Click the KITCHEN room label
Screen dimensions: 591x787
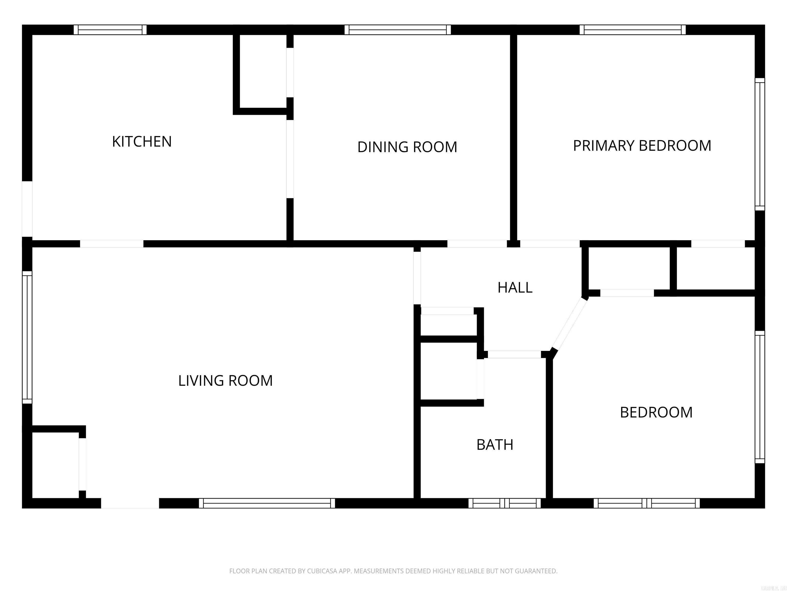(x=142, y=141)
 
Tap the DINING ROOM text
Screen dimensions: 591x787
(x=407, y=147)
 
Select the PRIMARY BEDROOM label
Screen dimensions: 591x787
(x=642, y=145)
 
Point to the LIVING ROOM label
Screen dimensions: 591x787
(x=225, y=380)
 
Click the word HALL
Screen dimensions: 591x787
(x=515, y=288)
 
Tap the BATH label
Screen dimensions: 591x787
(x=494, y=445)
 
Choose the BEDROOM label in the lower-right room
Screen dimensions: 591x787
(x=656, y=412)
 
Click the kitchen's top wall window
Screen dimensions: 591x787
(x=110, y=29)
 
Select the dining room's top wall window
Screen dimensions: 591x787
(x=397, y=29)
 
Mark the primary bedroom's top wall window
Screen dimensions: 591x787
(x=632, y=29)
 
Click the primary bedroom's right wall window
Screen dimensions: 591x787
(x=760, y=144)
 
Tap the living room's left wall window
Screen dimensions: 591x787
(x=27, y=337)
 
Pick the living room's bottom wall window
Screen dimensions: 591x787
(x=266, y=503)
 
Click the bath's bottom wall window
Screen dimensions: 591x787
(x=504, y=503)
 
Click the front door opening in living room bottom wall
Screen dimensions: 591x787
(x=130, y=503)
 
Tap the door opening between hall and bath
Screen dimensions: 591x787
(x=514, y=354)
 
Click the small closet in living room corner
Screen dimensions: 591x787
(x=55, y=465)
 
